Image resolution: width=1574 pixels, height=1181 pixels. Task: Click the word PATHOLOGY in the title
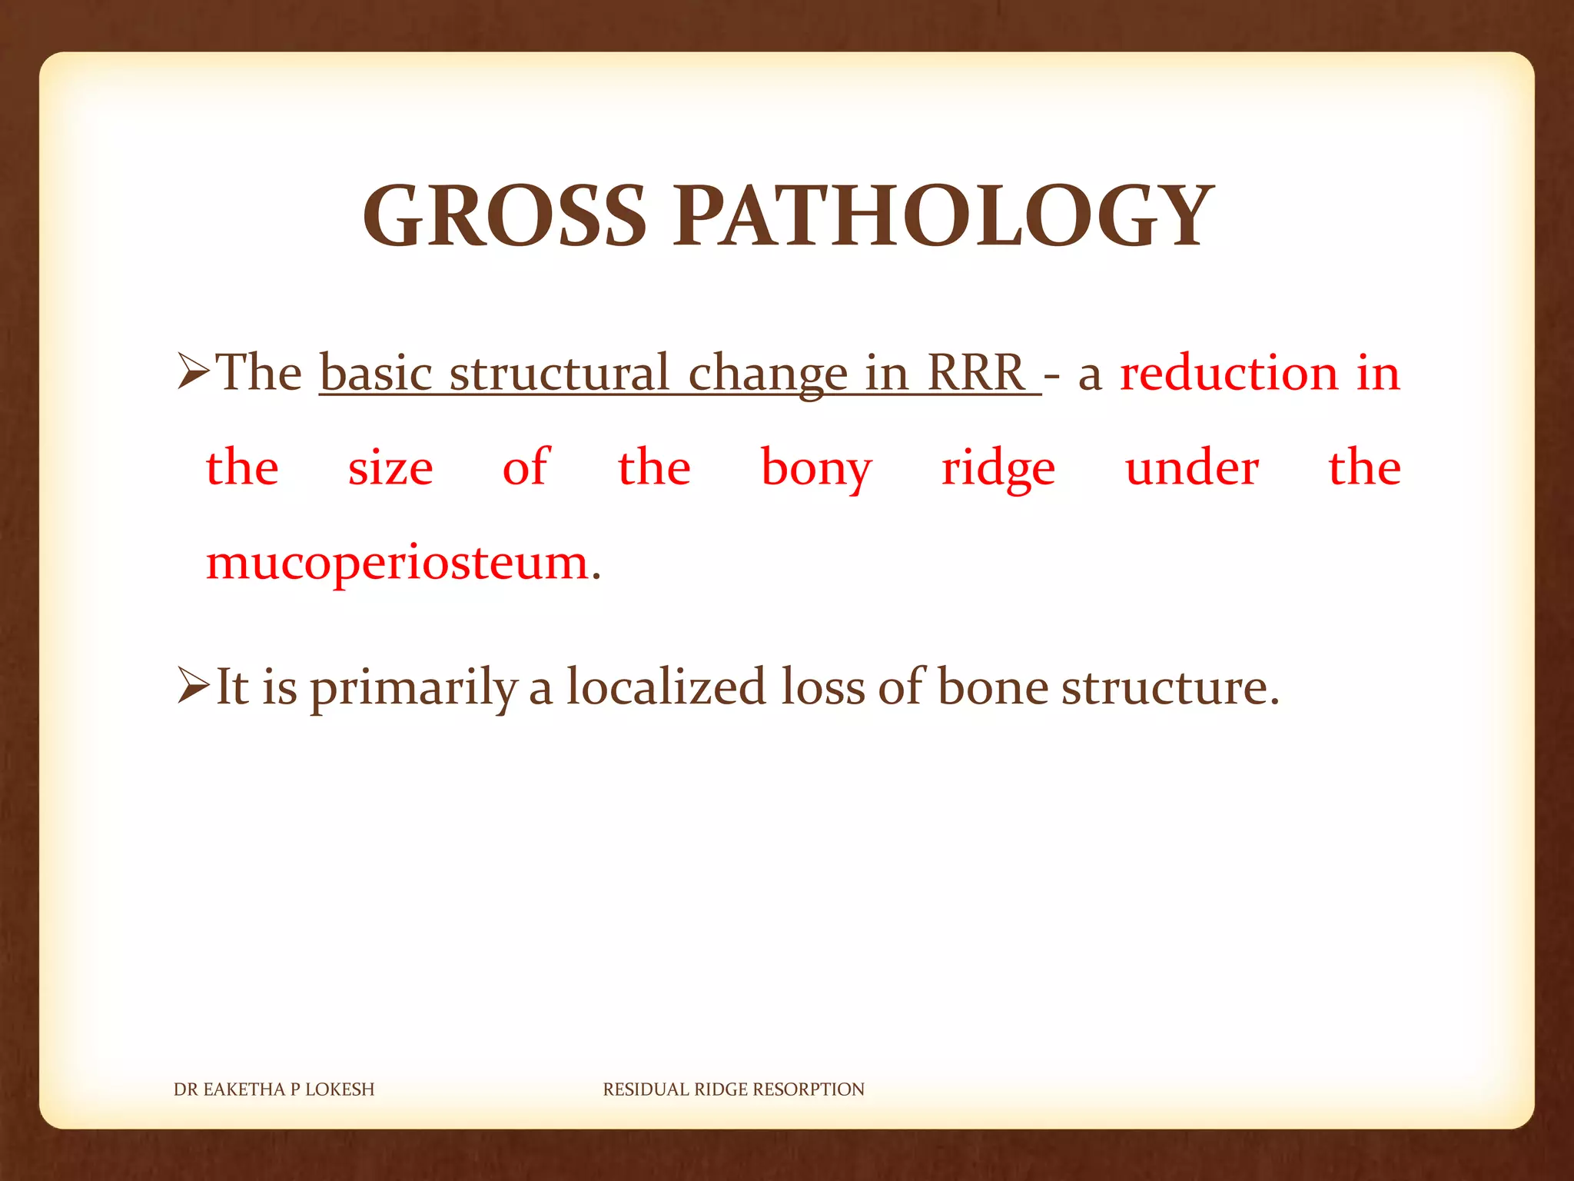coord(943,217)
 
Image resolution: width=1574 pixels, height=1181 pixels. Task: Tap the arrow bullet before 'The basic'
coord(193,371)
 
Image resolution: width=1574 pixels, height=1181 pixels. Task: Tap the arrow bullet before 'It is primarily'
coord(193,686)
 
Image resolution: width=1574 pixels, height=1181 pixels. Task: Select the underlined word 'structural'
coord(560,373)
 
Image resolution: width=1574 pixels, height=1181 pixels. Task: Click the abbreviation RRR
coord(976,373)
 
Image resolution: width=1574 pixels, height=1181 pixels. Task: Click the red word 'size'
coord(390,467)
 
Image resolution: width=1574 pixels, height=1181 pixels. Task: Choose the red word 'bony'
coord(816,469)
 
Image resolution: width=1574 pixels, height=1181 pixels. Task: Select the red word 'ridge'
coord(998,469)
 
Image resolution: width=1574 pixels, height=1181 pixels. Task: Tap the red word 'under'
coord(1192,467)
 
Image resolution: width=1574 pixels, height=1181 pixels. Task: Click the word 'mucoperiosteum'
coord(397,564)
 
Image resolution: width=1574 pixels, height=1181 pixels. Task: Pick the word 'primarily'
coord(413,687)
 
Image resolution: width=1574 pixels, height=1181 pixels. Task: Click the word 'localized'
coord(666,686)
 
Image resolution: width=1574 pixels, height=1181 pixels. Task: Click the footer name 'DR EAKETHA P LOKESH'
coord(274,1090)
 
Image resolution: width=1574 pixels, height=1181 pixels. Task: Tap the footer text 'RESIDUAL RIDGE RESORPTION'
coord(733,1090)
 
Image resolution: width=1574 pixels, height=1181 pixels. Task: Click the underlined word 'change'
coord(767,374)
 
